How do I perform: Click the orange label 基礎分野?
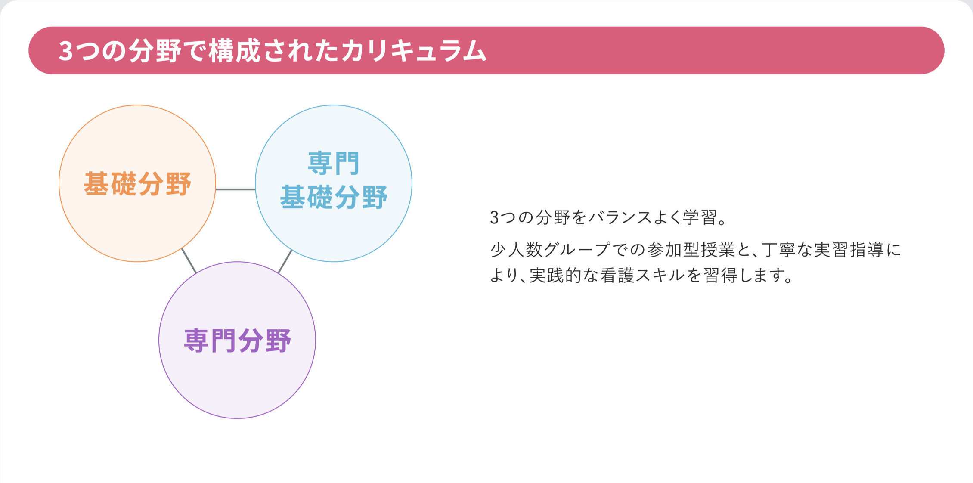tap(137, 184)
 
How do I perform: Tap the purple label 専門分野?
tap(238, 341)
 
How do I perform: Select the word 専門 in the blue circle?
tap(334, 163)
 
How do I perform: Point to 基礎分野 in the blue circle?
tap(334, 198)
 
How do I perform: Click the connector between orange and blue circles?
tap(236, 189)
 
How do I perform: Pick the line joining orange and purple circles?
tap(189, 260)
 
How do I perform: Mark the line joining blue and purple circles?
tap(285, 261)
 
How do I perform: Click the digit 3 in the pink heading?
tap(66, 51)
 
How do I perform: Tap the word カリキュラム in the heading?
tap(414, 51)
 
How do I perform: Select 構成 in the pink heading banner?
tap(235, 51)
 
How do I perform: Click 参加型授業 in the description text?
tap(691, 250)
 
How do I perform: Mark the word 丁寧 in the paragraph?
tap(779, 250)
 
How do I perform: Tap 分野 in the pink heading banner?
tap(155, 51)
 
